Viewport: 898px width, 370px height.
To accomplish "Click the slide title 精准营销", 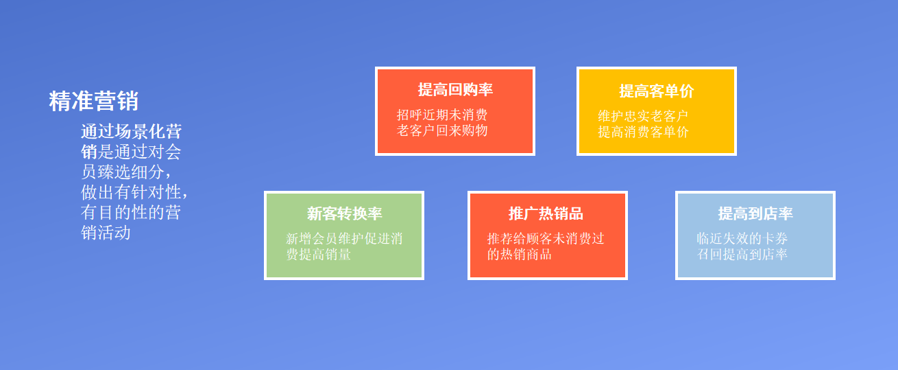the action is (x=94, y=101).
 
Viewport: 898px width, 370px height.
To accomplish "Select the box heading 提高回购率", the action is (x=455, y=89).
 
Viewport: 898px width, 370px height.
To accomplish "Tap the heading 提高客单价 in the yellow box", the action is (x=656, y=91).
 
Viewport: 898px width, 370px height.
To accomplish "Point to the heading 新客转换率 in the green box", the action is (x=344, y=213).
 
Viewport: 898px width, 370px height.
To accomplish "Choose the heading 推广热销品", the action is (x=546, y=213).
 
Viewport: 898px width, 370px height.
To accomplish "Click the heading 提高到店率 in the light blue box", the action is (x=755, y=213).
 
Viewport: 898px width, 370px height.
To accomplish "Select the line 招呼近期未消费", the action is (x=442, y=115).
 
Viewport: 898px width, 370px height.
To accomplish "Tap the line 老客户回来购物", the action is (x=442, y=130).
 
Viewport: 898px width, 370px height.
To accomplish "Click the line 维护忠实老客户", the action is (x=643, y=116).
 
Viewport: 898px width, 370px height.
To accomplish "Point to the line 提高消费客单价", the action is (x=643, y=132).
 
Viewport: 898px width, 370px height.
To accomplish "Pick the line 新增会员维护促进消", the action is (x=344, y=239).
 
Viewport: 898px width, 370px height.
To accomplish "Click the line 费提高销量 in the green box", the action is (x=318, y=255).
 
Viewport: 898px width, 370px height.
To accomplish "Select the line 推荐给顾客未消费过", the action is (x=546, y=239).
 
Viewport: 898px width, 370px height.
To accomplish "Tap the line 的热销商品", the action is (x=520, y=255).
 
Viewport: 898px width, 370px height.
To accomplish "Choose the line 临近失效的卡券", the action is (x=742, y=238).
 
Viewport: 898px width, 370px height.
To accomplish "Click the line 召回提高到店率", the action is (x=742, y=254).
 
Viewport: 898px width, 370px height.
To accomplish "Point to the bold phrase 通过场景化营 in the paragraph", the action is (x=132, y=132).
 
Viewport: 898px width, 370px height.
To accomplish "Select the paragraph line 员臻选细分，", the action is (x=126, y=172).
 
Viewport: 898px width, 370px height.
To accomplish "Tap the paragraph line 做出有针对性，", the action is (x=134, y=192).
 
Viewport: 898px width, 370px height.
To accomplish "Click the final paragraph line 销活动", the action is (x=106, y=233).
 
